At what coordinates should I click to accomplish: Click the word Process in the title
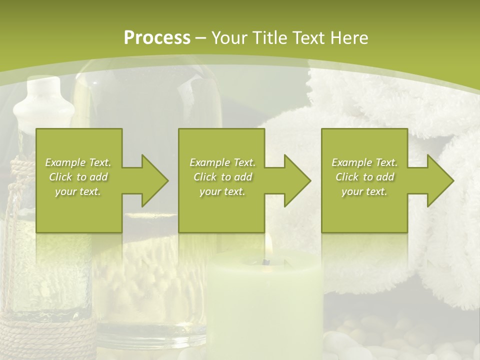coord(157,37)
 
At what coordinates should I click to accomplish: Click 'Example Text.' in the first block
coord(78,162)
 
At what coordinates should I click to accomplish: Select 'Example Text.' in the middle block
coord(222,162)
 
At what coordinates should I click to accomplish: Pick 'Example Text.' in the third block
coord(364,162)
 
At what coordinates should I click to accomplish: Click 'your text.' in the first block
coord(78,191)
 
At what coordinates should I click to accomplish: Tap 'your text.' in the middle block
coord(222,191)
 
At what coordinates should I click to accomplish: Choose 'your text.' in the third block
coord(364,191)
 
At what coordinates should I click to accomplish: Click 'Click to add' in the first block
coord(78,177)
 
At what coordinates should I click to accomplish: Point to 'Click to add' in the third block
coord(364,177)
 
